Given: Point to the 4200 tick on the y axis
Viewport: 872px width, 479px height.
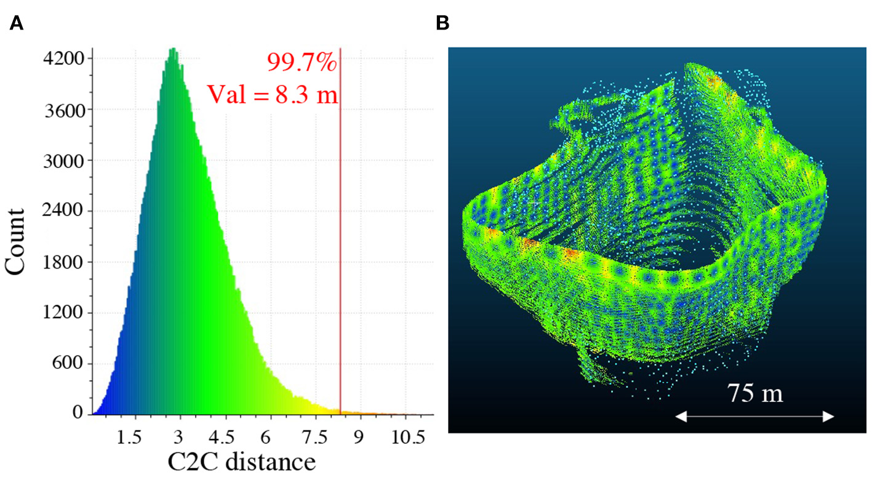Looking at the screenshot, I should pos(63,59).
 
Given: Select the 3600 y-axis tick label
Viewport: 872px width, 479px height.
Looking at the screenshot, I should pos(63,110).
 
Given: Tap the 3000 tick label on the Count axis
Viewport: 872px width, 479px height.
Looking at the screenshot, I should pos(63,161).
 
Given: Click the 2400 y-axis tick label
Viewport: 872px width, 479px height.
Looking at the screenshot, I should pos(63,211).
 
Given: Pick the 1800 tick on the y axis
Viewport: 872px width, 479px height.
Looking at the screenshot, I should pos(63,262).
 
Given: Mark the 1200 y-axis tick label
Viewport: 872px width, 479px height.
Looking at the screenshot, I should pos(63,313).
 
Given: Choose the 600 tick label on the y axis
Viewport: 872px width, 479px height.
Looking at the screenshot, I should pos(69,364).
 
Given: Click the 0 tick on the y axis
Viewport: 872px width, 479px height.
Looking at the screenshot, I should pos(79,414).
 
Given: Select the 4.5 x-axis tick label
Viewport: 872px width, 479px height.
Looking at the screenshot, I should pos(221,437).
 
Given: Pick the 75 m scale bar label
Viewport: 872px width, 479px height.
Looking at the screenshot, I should pos(755,393).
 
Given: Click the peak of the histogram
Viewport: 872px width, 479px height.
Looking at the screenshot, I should pos(174,49).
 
